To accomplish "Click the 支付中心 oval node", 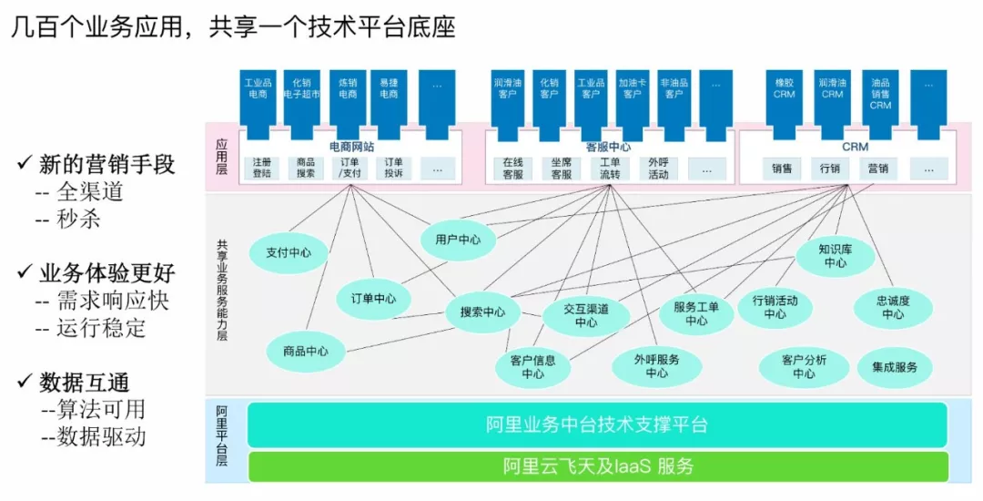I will click(x=289, y=253).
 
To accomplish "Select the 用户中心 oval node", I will click(x=458, y=240).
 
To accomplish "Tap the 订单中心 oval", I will click(x=373, y=298).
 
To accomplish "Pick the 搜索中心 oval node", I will click(x=482, y=312).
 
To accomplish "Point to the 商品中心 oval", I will click(x=306, y=352).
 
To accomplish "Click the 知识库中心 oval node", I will click(x=835, y=255).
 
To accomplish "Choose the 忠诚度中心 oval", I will click(x=893, y=307).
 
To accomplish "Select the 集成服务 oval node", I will click(x=895, y=367).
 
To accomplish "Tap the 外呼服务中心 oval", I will click(x=656, y=366).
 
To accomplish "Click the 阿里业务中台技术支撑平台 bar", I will click(x=597, y=424).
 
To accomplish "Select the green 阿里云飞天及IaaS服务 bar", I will click(x=597, y=466).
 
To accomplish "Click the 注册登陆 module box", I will click(x=261, y=169).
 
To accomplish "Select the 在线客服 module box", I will click(x=512, y=169).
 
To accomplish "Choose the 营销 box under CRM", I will click(x=877, y=169).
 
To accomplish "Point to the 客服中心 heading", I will click(x=608, y=146).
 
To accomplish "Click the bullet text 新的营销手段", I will click(x=106, y=165).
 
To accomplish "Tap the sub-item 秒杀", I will click(x=79, y=220).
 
